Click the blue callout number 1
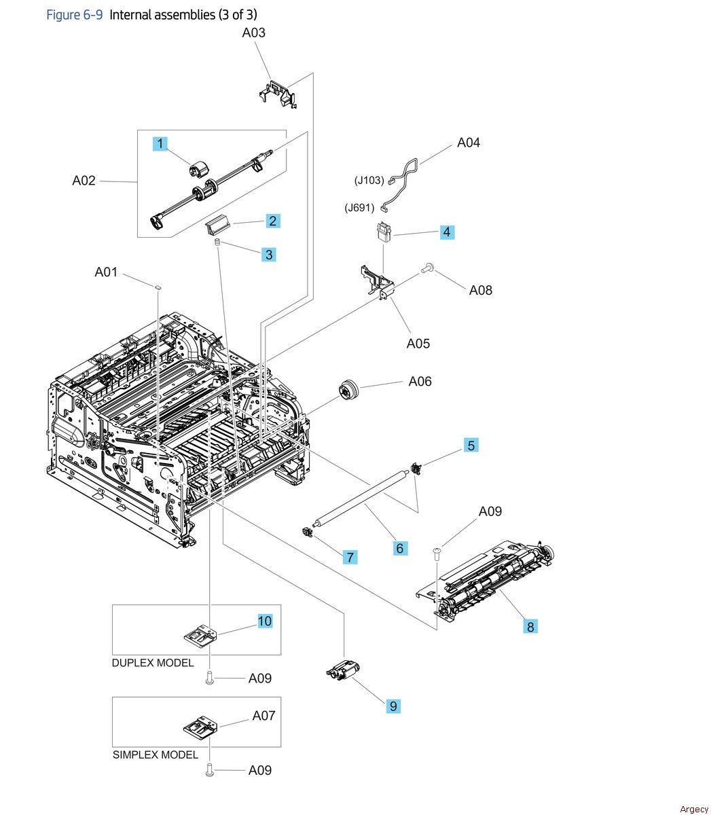coord(160,143)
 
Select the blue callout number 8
coord(530,626)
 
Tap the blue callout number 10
coord(265,621)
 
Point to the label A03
coord(254,32)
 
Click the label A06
coord(420,381)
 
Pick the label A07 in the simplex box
coord(263,715)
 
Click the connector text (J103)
coord(369,181)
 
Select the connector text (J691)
coord(359,208)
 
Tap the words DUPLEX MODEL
coord(153,663)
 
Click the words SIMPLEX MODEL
coord(156,755)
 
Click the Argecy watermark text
coord(693,808)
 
